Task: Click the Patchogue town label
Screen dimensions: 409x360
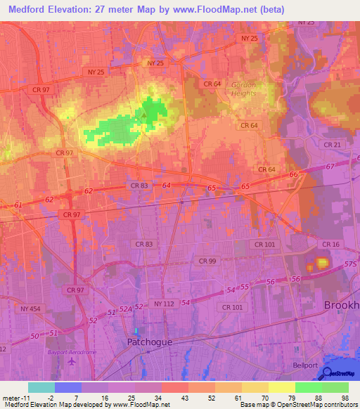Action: point(150,342)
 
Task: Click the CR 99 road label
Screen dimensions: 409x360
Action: point(207,260)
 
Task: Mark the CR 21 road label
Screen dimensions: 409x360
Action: point(333,144)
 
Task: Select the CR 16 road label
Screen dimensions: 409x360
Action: point(330,244)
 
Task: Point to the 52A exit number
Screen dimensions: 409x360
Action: point(125,308)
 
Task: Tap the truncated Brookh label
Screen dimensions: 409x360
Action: point(342,305)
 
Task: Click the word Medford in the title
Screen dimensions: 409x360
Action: point(27,9)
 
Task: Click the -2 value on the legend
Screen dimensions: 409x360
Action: point(49,397)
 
